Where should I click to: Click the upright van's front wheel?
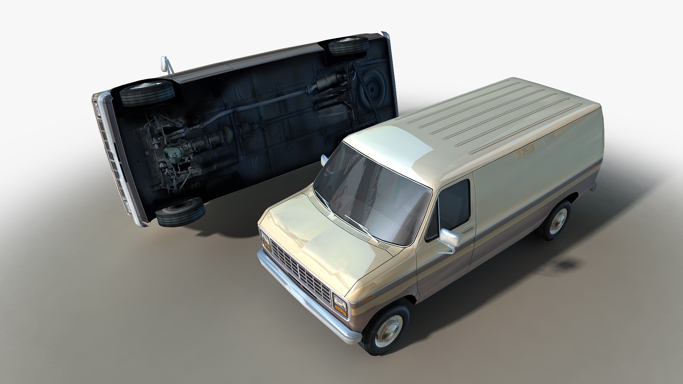386,329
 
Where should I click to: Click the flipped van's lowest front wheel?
180,212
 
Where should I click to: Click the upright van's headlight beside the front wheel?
340,304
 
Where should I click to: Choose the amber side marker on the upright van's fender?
369,297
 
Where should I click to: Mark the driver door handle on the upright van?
467,230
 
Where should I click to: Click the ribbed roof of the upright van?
498,117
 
